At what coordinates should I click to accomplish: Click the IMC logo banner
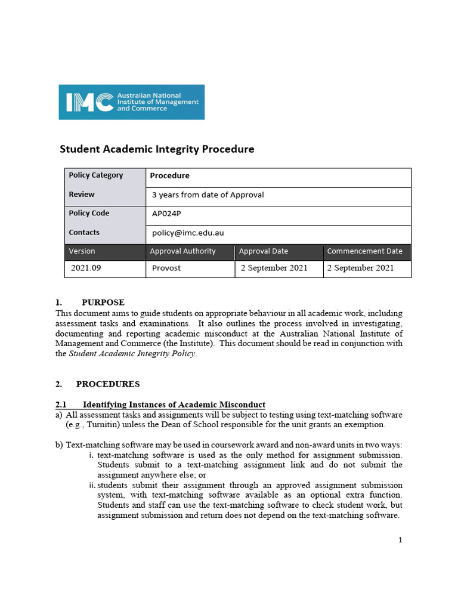(131, 102)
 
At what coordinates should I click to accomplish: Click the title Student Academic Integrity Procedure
(157, 149)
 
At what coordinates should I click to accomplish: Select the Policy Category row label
(96, 175)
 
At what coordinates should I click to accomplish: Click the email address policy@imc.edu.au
(188, 233)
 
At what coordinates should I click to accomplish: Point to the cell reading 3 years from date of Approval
(208, 195)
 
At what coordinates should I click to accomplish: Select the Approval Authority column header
(182, 251)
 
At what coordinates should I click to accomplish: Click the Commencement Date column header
(364, 251)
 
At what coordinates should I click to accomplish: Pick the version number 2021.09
(86, 268)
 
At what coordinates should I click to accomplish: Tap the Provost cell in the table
(166, 268)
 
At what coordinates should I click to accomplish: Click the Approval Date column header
(263, 251)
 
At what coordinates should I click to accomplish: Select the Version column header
(82, 251)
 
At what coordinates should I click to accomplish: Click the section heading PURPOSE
(103, 303)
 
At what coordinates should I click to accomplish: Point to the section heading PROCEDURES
(108, 384)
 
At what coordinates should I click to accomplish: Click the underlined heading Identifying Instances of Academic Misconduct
(174, 405)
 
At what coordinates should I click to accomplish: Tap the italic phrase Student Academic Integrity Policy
(132, 353)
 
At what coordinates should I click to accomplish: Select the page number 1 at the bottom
(400, 540)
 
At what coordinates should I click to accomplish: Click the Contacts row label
(84, 233)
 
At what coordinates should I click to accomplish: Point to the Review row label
(82, 195)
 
